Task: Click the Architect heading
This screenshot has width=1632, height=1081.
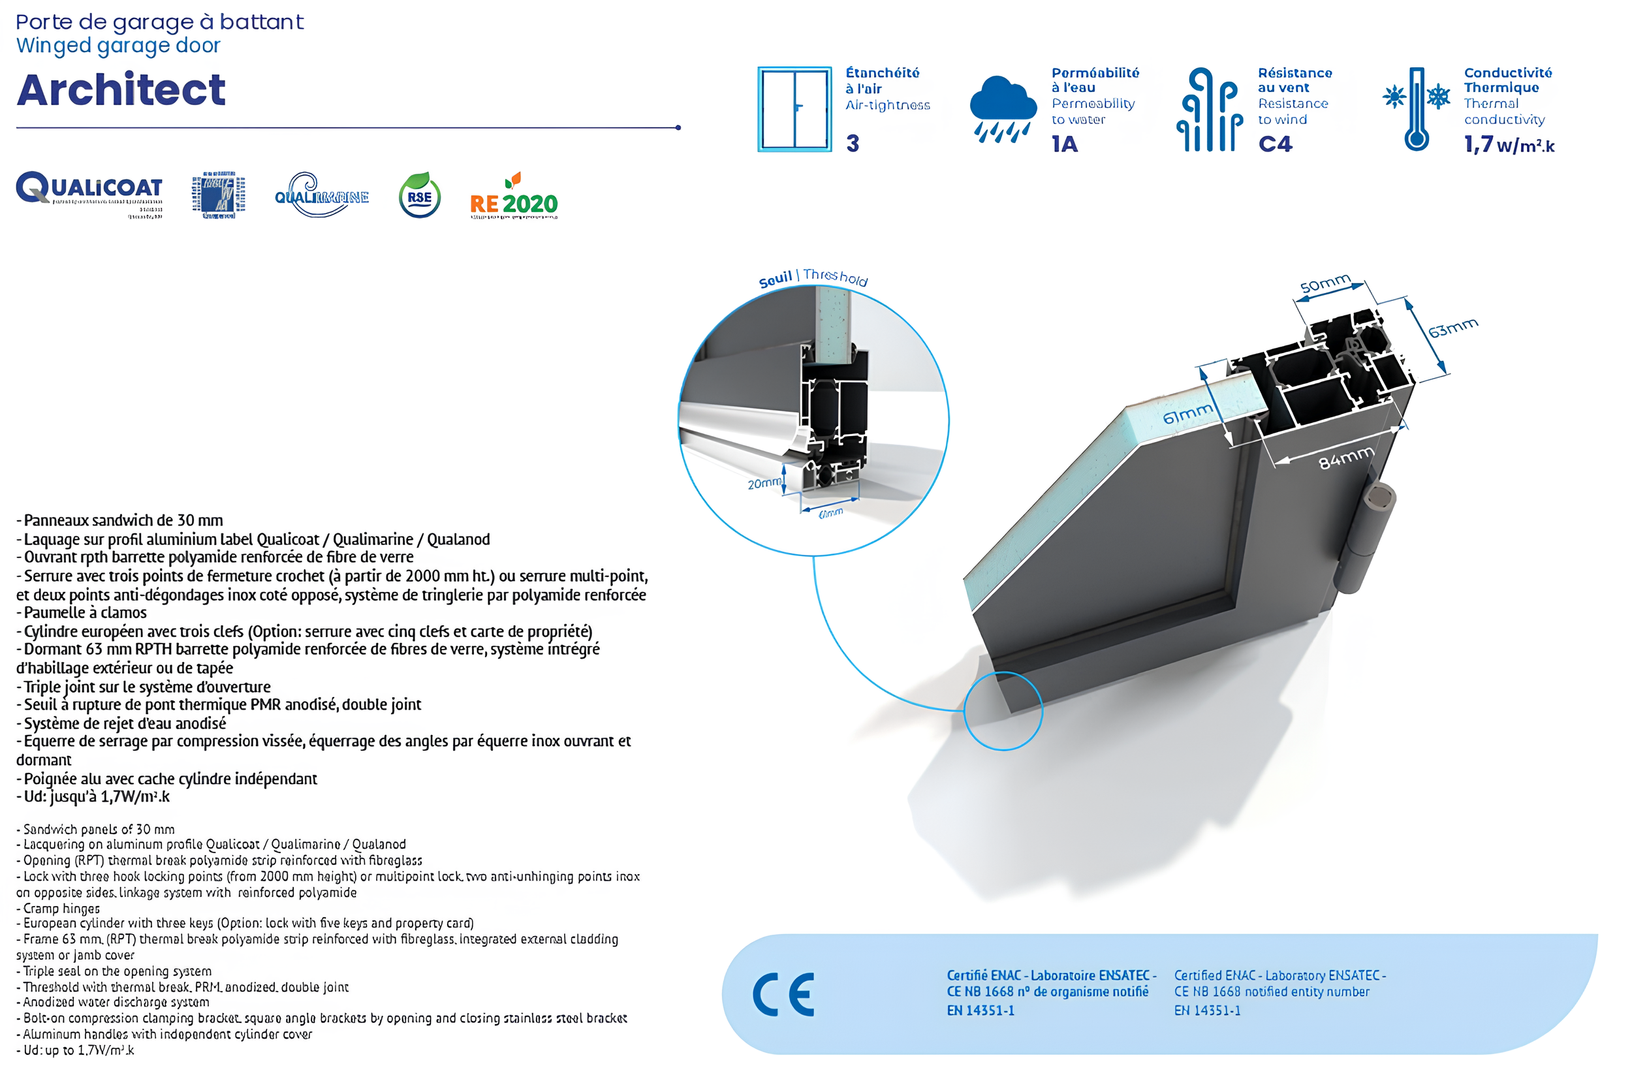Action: (121, 89)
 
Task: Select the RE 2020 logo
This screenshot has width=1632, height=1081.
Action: (514, 199)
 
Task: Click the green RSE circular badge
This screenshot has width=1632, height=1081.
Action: (419, 196)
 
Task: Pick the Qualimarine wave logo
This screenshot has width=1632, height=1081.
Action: (321, 195)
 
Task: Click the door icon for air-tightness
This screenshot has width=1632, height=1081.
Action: (794, 109)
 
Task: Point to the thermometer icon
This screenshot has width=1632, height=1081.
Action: (1415, 110)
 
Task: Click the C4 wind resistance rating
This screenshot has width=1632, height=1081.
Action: (1275, 144)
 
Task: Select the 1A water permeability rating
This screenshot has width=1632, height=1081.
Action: (1064, 144)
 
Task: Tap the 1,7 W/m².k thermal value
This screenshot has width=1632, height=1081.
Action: (1509, 145)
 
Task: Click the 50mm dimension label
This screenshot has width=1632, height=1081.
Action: (1324, 284)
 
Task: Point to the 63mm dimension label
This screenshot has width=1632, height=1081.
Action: (1452, 328)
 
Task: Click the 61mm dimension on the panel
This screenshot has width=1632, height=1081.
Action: (1187, 415)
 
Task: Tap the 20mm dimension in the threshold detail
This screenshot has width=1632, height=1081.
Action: (764, 484)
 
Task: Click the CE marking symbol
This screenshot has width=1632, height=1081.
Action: (783, 995)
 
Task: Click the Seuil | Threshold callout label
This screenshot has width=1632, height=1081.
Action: (813, 278)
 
